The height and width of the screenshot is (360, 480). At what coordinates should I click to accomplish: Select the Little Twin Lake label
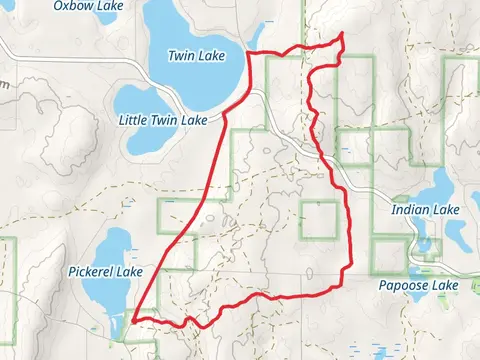162,120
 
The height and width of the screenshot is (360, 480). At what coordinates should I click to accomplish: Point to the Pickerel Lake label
107,271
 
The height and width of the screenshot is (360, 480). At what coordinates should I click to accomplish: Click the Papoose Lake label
418,286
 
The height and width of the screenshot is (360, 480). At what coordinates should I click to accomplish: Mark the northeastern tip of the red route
343,35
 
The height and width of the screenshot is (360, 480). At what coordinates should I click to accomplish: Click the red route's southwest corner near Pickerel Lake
132,320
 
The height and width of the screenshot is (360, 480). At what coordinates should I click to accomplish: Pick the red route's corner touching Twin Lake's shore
248,53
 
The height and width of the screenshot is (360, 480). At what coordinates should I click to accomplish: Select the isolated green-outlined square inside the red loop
318,219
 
